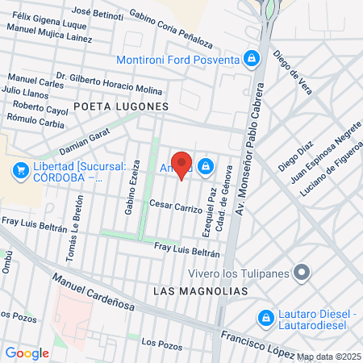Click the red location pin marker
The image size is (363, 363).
click(x=181, y=164)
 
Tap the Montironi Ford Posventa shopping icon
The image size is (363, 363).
click(x=252, y=59)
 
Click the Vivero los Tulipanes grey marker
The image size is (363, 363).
click(x=302, y=272)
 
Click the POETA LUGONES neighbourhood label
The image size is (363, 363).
click(x=120, y=106)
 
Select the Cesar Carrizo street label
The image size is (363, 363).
click(x=175, y=206)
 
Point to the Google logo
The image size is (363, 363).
click(x=27, y=353)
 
